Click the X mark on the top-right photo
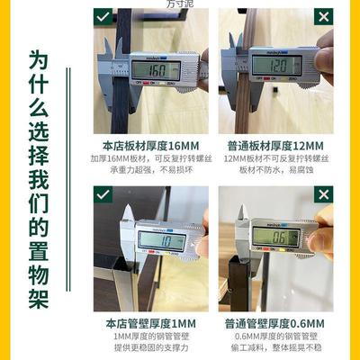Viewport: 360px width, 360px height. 319,17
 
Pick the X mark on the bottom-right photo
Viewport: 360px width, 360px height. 319,194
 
